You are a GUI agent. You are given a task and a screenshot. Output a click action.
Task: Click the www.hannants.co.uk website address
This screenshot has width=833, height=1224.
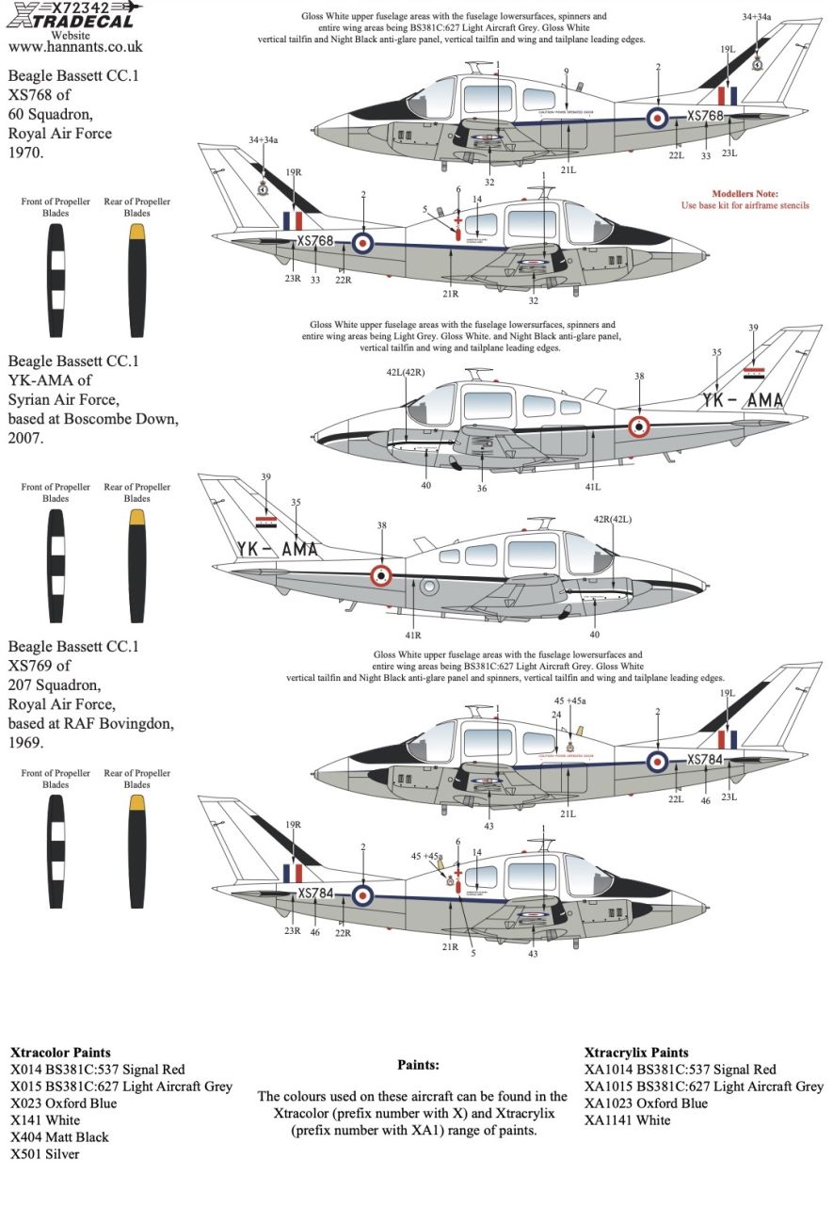click(x=75, y=45)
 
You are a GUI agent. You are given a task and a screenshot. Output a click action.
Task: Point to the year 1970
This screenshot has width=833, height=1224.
click(x=25, y=153)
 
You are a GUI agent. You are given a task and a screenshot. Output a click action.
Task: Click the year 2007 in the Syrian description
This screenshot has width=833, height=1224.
click(x=25, y=438)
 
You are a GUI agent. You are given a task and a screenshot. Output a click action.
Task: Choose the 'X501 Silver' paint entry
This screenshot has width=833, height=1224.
click(x=45, y=1153)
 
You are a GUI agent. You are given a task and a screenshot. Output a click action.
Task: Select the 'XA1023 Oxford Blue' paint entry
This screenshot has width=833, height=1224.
click(x=646, y=1103)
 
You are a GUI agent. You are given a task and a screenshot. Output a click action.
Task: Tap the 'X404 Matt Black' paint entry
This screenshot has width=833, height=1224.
click(x=59, y=1136)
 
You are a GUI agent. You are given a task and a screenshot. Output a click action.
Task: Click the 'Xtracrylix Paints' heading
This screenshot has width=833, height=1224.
click(x=636, y=1053)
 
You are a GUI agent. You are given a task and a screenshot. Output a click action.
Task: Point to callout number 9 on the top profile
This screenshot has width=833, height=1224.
click(x=566, y=72)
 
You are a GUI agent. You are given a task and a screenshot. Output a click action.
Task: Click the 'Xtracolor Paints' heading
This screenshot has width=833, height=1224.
click(x=60, y=1053)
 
